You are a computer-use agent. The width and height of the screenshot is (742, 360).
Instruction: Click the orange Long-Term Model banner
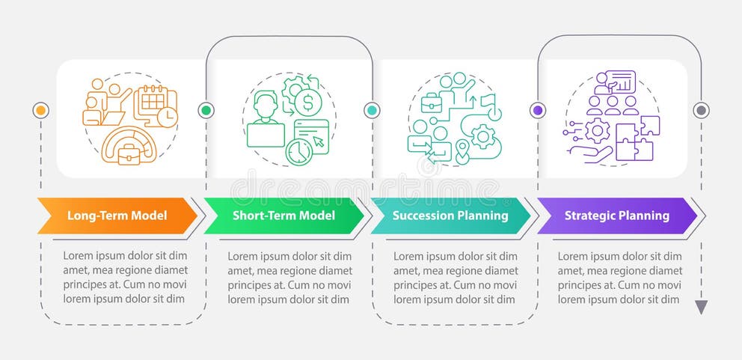(117, 216)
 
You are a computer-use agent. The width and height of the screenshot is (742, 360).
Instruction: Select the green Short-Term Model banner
(283, 216)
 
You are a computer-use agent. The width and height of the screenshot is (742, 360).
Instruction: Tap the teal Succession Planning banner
(449, 216)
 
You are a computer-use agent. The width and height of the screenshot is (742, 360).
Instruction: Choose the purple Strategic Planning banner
(616, 216)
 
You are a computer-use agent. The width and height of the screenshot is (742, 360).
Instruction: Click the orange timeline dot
(40, 110)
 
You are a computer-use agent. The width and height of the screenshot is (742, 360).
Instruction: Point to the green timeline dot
(206, 110)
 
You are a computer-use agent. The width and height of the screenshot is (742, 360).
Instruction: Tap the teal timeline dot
(372, 110)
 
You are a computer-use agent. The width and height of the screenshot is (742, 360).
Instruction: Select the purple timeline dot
(537, 110)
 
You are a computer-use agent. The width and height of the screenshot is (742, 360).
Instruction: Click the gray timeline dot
(701, 110)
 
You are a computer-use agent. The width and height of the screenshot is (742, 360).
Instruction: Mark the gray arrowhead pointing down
(701, 307)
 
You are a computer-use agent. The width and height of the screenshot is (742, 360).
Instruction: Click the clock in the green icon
(298, 152)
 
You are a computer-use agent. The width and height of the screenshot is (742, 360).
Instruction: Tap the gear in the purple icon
(597, 131)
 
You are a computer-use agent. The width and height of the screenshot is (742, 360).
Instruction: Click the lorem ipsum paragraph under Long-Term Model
(124, 277)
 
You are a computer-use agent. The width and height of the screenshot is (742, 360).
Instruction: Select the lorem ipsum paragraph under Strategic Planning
(619, 277)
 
